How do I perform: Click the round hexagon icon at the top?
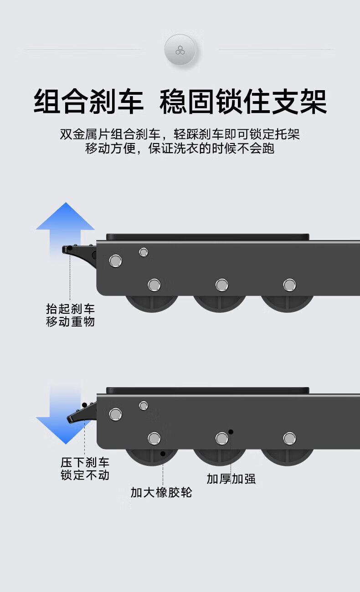click(x=180, y=50)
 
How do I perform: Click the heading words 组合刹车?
click(x=88, y=102)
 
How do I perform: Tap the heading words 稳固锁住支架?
click(x=243, y=102)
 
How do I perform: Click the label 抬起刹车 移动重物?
click(x=70, y=315)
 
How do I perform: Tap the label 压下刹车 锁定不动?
click(x=85, y=469)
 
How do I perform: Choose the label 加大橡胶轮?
click(x=161, y=492)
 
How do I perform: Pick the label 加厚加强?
click(x=231, y=479)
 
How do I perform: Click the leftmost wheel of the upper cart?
click(x=152, y=303)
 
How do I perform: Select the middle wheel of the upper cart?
click(x=220, y=303)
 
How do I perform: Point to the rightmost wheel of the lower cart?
click(x=287, y=457)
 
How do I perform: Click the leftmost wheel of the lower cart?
click(x=152, y=457)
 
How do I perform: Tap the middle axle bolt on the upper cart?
click(x=222, y=285)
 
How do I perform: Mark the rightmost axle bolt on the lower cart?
click(x=289, y=439)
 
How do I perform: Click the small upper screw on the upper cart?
click(x=144, y=252)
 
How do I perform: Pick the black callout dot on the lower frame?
click(x=231, y=432)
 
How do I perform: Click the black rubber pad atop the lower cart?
click(x=207, y=390)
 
